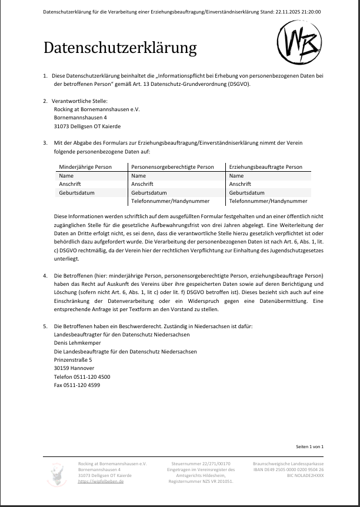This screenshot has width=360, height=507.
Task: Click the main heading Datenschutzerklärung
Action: click(x=119, y=48)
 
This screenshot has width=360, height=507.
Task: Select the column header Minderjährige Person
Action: click(x=85, y=167)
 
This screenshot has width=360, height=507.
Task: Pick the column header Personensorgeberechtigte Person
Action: click(x=172, y=167)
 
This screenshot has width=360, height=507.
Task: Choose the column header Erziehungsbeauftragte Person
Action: click(x=265, y=167)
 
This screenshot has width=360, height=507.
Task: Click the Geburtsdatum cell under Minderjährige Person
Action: click(x=76, y=192)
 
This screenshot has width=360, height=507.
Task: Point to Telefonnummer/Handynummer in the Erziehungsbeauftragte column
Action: click(x=268, y=201)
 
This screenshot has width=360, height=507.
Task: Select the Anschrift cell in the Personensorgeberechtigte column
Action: click(x=142, y=184)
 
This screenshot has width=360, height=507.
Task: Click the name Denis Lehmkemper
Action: click(x=77, y=342)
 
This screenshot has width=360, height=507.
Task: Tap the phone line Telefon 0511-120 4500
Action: click(x=82, y=376)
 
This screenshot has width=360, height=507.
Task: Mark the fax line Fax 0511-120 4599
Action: click(x=76, y=385)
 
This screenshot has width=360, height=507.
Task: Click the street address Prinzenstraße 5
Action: click(x=73, y=359)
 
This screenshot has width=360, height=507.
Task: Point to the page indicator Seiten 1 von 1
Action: click(x=310, y=446)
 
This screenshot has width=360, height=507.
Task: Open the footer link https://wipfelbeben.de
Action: click(x=101, y=481)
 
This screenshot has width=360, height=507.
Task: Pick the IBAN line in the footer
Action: click(x=288, y=469)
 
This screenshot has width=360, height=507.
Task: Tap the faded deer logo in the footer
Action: click(x=57, y=473)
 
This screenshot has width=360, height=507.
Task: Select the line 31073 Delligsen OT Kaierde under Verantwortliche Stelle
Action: click(x=87, y=126)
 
